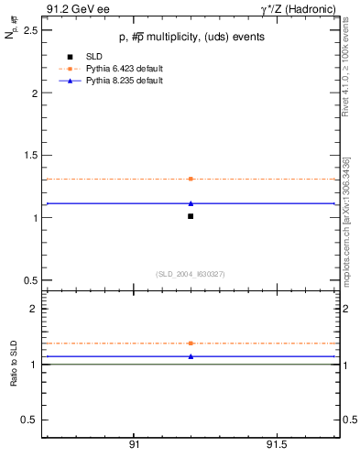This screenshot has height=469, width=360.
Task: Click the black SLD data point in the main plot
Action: point(191,216)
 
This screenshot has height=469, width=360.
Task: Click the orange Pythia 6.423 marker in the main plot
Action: point(191,179)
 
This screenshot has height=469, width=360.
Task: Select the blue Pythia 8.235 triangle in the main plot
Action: point(191,203)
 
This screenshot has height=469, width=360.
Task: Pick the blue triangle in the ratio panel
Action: point(191,355)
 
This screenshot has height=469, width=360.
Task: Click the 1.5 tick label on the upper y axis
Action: point(31,156)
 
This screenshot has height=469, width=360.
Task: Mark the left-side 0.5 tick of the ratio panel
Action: point(31,420)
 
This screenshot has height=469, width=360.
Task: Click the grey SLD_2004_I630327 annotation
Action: point(191,274)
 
